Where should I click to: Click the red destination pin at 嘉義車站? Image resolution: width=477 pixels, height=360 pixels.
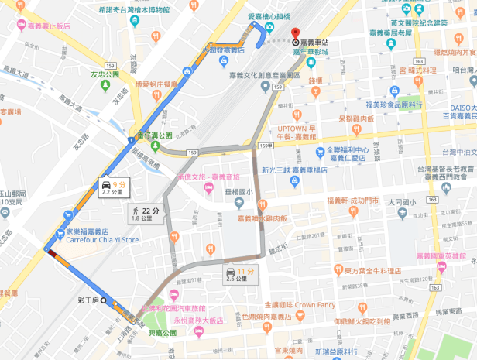pyautogui.click(x=295, y=34)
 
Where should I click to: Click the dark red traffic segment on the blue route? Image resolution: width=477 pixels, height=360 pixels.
pyautogui.click(x=52, y=252)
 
